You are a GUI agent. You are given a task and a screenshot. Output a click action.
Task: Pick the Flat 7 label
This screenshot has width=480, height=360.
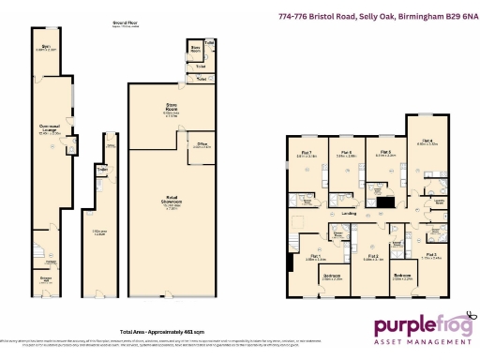tap(307, 154)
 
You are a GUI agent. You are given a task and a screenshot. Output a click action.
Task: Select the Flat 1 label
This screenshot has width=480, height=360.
tap(315, 258)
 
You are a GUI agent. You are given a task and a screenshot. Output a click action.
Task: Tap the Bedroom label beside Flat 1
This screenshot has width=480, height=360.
tap(332, 276)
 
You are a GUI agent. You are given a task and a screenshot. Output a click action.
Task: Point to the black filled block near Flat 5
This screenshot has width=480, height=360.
tap(384, 202)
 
